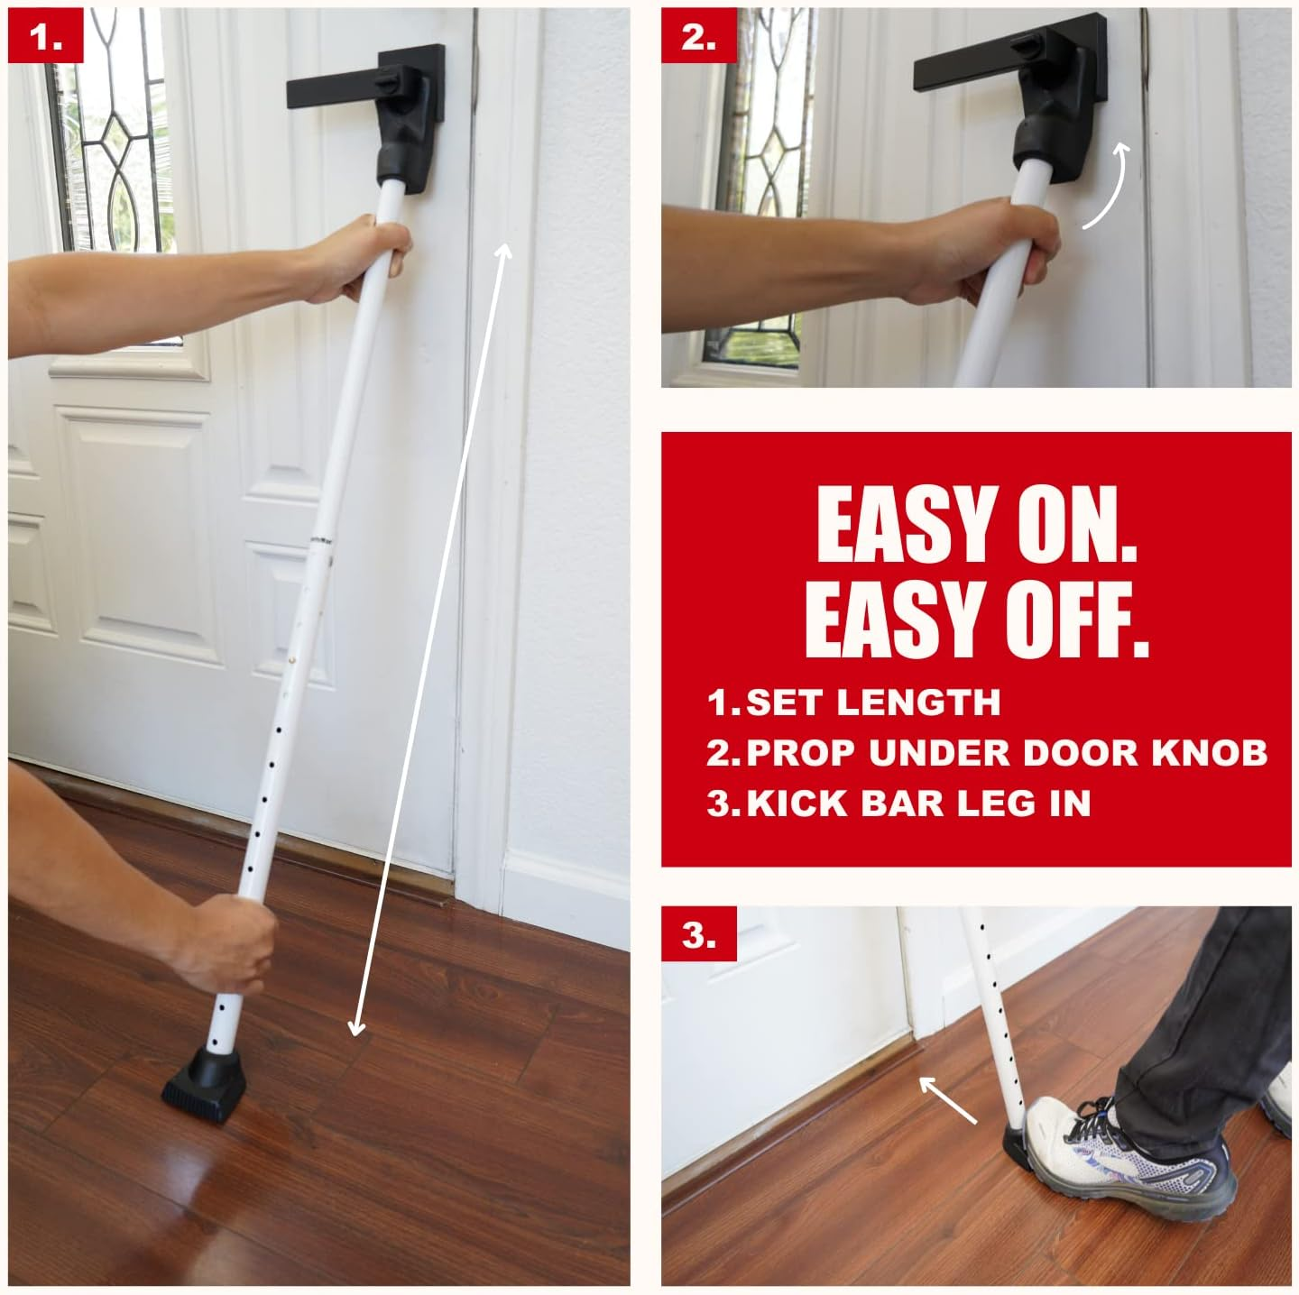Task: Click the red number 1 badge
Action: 45,38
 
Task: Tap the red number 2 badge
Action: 697,38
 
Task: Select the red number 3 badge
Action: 697,935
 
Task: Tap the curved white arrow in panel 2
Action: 1102,185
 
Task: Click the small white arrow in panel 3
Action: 947,1100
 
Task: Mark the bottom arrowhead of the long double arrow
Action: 356,1028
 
